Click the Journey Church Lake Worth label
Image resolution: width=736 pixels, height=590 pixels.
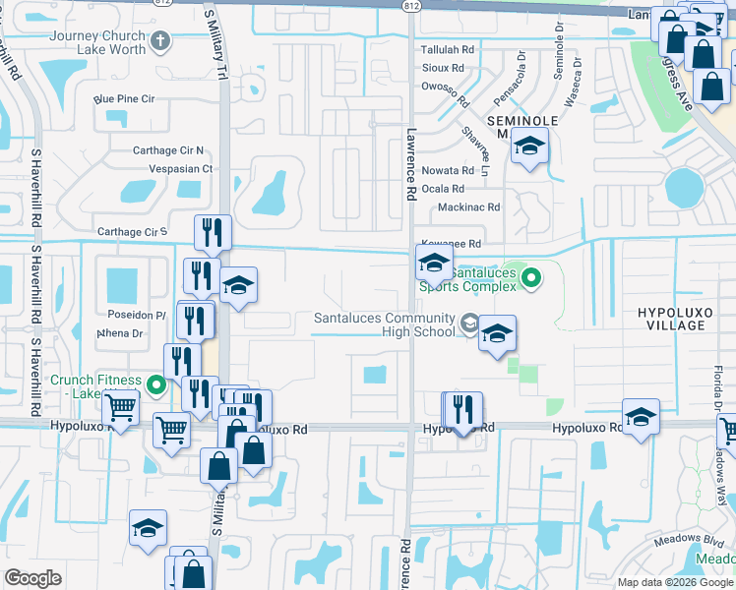96,43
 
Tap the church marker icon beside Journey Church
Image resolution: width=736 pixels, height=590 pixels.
162,41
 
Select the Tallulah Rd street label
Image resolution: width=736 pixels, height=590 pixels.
448,49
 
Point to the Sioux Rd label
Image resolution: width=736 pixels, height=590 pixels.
442,68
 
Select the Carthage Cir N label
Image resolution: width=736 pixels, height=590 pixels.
168,150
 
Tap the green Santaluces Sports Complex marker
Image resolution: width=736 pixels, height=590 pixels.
531,279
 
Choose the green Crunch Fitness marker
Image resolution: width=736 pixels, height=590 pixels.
155,385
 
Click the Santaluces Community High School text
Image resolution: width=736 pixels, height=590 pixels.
385,324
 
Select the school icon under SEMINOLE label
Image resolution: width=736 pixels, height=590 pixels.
529,148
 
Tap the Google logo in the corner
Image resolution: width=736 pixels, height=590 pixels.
33,578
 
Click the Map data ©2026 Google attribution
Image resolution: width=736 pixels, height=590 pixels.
675,582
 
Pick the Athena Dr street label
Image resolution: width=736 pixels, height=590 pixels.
120,333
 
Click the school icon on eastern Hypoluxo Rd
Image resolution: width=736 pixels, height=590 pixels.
641,418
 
